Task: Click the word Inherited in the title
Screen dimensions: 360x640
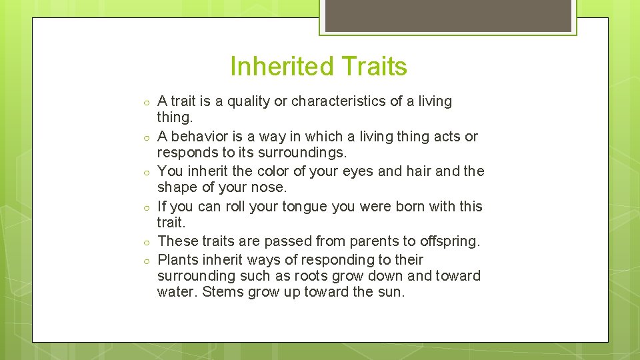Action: pyautogui.click(x=282, y=67)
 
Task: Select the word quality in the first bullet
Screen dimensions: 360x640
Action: pyautogui.click(x=249, y=102)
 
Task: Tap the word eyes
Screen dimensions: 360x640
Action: pyautogui.click(x=358, y=171)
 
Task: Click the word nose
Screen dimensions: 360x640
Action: pyautogui.click(x=270, y=187)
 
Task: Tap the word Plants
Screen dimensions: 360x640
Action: pyautogui.click(x=178, y=260)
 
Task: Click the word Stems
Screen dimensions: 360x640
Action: pyautogui.click(x=223, y=292)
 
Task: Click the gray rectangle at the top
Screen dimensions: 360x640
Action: pyautogui.click(x=448, y=15)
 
